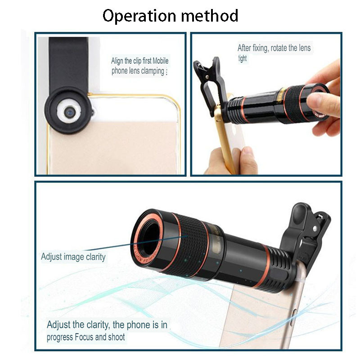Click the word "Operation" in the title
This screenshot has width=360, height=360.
(139, 16)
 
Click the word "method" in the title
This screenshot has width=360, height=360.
(210, 16)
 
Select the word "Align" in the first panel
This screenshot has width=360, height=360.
(117, 61)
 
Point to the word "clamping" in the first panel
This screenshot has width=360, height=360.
(152, 71)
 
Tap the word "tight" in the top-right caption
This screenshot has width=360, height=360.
(243, 58)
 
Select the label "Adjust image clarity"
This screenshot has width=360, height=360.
(73, 257)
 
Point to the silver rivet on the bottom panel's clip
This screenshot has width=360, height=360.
(315, 229)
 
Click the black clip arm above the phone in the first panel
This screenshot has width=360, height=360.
(68, 62)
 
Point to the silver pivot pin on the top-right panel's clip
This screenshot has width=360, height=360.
(207, 76)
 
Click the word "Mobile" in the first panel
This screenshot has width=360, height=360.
(161, 61)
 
